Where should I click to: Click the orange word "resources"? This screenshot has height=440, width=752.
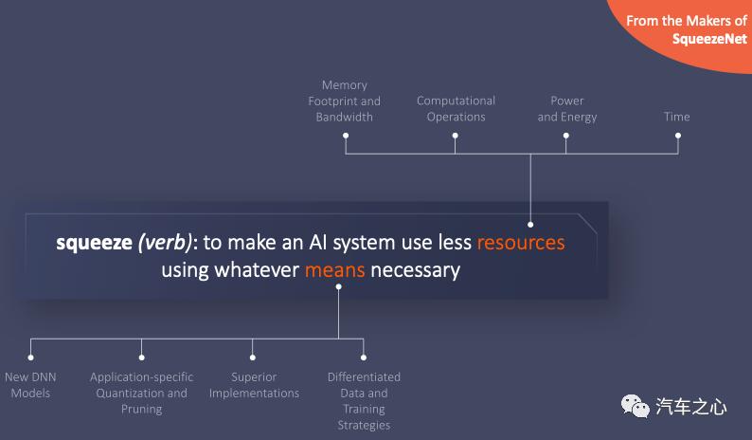coord(521,242)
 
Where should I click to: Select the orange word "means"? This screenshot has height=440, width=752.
coord(334,270)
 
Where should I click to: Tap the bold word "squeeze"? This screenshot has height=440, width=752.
coord(94,243)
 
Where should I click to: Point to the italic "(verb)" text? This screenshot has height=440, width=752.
coord(165,243)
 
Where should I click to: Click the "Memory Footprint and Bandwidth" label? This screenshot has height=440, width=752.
coord(345,101)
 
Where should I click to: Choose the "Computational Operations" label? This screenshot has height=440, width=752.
coord(457,108)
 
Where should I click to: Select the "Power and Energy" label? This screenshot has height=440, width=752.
coord(567,108)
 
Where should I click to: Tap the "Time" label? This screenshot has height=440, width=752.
coord(676,117)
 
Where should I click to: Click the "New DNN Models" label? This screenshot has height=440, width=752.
coord(30,385)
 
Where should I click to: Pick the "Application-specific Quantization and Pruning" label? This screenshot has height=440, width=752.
coord(141,393)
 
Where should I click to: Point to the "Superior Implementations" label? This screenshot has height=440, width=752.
coord(254,385)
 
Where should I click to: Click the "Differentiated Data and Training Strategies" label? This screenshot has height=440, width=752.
coord(364,400)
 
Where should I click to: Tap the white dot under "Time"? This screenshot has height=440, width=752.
coord(678,136)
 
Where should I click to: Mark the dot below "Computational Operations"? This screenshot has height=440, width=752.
coord(456,136)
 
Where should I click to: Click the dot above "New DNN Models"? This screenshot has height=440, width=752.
coord(30,357)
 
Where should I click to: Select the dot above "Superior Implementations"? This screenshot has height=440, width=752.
coord(253,357)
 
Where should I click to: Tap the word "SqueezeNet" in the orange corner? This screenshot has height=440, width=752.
coord(709,39)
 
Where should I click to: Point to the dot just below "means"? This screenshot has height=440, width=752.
coord(339,286)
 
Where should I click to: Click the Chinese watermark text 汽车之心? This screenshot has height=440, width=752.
coord(691,407)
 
